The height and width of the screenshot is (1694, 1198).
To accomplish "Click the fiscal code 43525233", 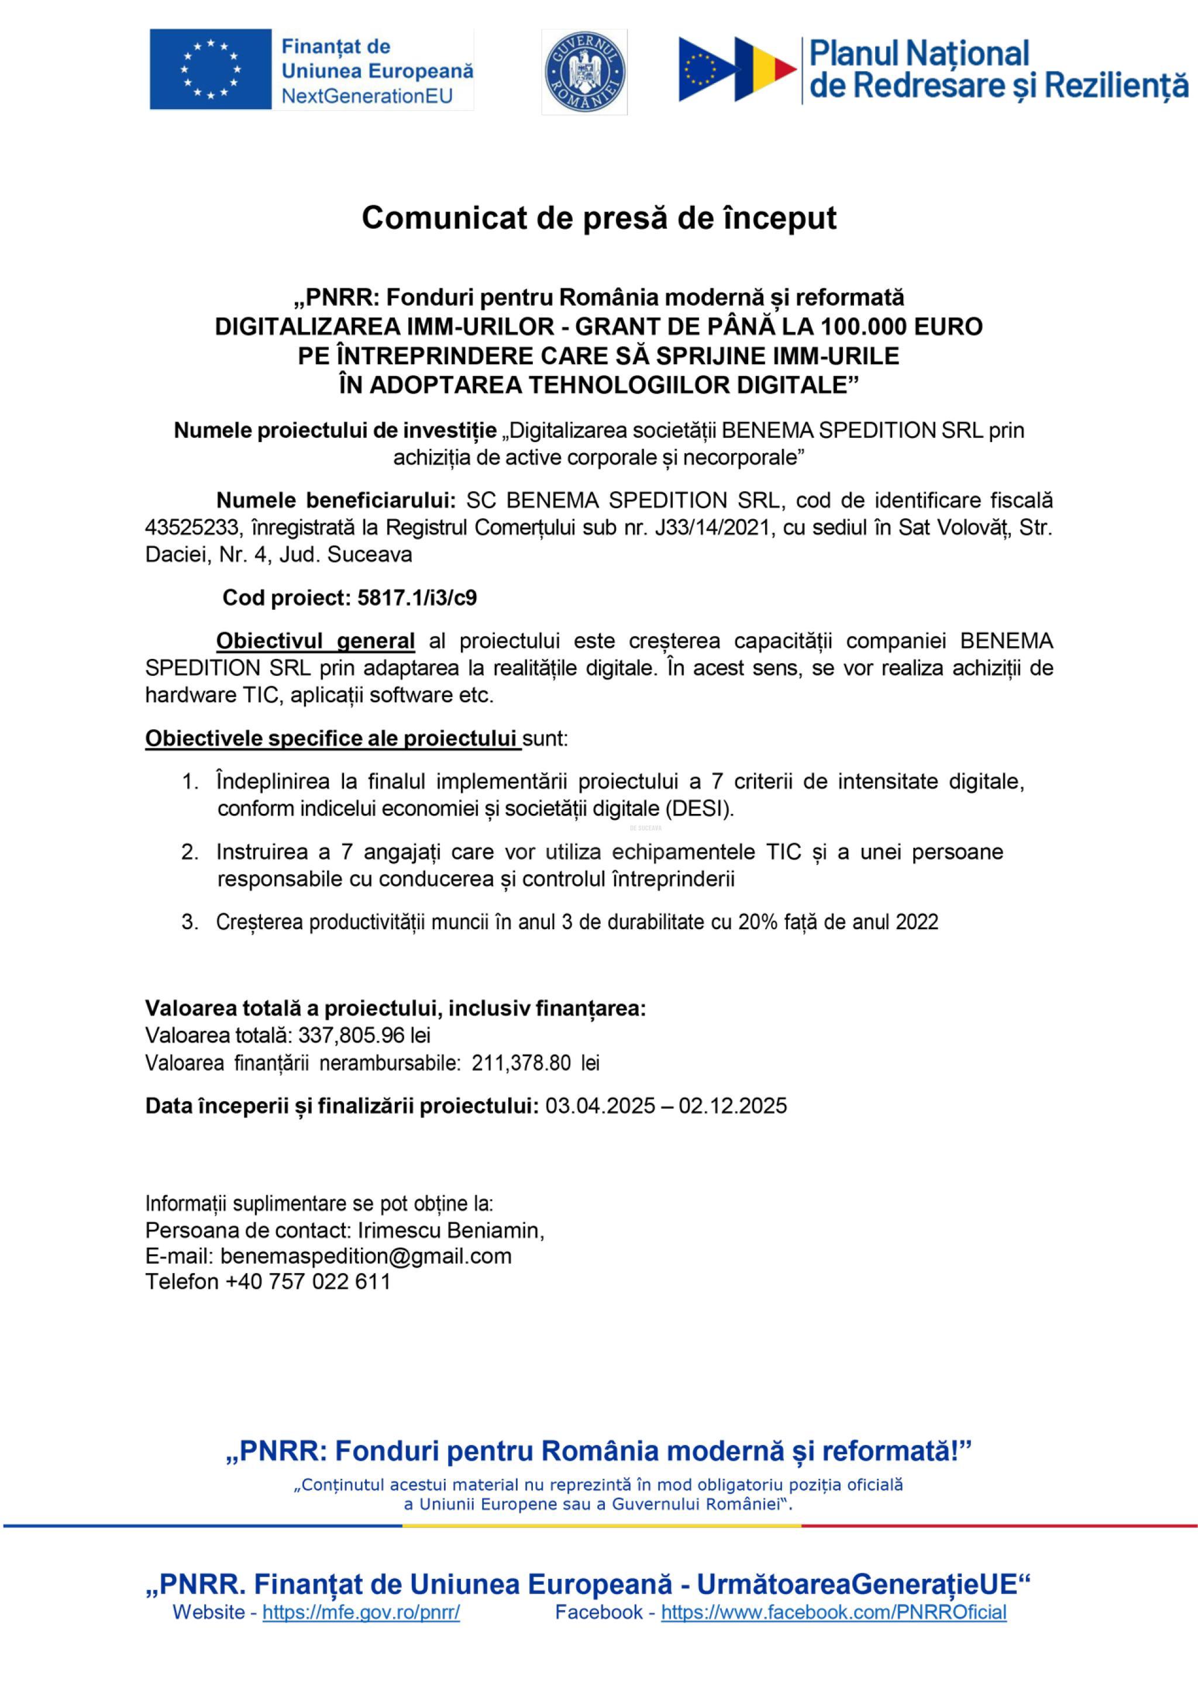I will [x=188, y=527].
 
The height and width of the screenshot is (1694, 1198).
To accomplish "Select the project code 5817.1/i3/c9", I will [x=417, y=598].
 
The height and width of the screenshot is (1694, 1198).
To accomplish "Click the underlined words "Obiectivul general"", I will [x=315, y=640].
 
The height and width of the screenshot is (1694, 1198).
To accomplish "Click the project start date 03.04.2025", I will [x=600, y=1105].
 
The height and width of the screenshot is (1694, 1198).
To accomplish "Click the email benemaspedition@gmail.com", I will [x=366, y=1256].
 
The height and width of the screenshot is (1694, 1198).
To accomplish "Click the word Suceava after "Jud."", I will [x=369, y=555].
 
